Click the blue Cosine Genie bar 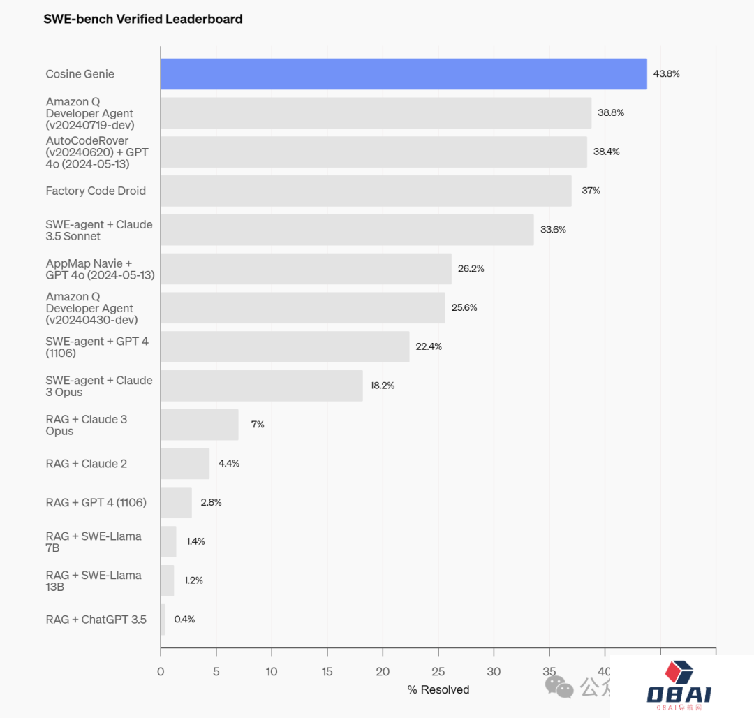tap(404, 74)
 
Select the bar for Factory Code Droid tap(366, 191)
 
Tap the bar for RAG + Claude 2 tap(185, 464)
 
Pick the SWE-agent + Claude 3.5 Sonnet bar tap(347, 230)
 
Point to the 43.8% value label tap(666, 74)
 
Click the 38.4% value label tap(606, 152)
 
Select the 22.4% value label tap(429, 346)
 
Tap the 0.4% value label tap(184, 620)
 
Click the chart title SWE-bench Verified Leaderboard tap(143, 20)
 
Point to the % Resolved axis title tap(438, 690)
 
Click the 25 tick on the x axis tap(438, 672)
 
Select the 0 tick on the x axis tap(161, 672)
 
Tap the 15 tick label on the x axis tap(327, 672)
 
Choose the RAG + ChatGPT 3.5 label tap(96, 620)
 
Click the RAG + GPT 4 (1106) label tap(96, 503)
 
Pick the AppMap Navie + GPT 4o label tap(100, 269)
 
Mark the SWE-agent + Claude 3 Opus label tap(99, 386)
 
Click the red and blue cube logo tap(679, 672)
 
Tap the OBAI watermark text tap(679, 694)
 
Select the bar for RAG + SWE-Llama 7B tap(168, 542)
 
